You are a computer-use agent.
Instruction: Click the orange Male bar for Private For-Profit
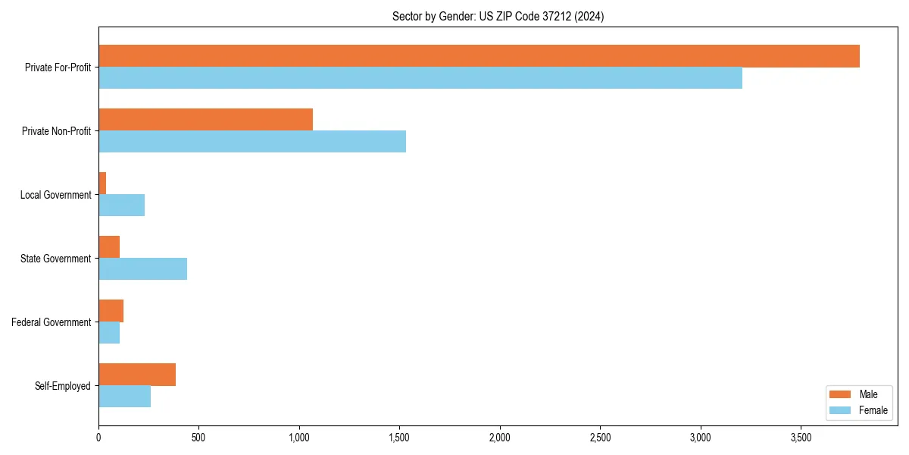(x=479, y=56)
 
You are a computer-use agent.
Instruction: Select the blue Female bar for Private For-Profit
(x=420, y=78)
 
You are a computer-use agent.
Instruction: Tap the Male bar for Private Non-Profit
(x=205, y=120)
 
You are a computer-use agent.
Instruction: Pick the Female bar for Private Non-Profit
(x=252, y=142)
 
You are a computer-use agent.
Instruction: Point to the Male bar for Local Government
(x=102, y=184)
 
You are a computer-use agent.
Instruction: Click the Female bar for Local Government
(x=121, y=206)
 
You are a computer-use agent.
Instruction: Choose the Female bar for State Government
(x=142, y=269)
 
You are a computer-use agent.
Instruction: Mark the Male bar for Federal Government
(x=111, y=311)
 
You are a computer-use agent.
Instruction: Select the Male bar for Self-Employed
(x=137, y=375)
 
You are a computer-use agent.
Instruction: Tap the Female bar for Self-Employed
(x=124, y=397)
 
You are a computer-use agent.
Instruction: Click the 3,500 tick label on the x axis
(x=801, y=438)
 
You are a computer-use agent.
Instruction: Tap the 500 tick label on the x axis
(x=198, y=438)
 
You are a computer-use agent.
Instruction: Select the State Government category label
(x=55, y=259)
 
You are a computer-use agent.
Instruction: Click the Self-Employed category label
(x=62, y=386)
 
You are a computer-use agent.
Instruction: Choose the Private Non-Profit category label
(x=56, y=131)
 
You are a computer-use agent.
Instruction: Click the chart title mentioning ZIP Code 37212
(x=498, y=16)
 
